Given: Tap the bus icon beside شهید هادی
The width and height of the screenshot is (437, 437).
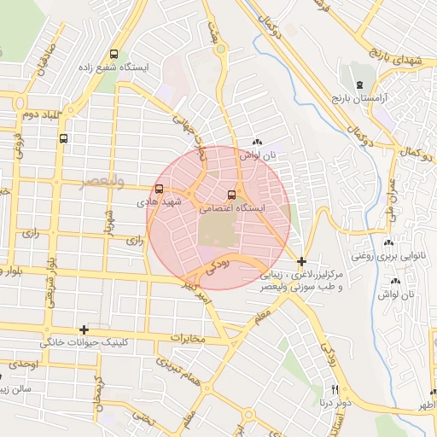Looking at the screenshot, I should point(160,189).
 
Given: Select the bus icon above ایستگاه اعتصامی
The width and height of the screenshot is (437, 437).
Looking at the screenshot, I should point(232,194).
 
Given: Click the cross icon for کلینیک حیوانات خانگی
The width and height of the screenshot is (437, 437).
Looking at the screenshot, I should point(84,329).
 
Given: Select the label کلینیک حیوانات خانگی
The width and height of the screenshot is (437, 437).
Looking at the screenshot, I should point(84,343).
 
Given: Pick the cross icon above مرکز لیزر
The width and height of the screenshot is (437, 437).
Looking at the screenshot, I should point(301,260).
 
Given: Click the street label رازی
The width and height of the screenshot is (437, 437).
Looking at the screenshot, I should point(134,242).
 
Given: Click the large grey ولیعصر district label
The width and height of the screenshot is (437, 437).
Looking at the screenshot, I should point(103,183).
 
